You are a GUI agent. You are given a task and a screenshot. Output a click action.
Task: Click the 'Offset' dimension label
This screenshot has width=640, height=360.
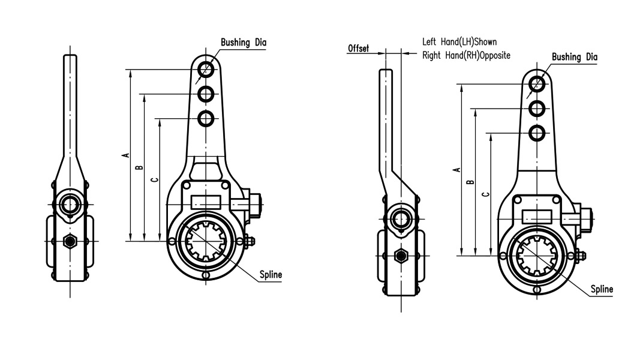point(358,48)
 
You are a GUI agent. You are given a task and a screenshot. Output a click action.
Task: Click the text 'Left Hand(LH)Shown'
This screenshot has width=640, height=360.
point(459,41)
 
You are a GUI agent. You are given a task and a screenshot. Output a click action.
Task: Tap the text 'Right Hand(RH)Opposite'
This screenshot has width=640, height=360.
point(466,55)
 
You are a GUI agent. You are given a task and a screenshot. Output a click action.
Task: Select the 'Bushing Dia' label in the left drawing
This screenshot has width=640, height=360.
point(244,43)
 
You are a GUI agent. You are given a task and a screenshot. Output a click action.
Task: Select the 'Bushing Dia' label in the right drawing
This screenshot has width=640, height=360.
point(574,57)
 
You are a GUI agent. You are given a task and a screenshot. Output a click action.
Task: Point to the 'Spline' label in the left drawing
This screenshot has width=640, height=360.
point(271,275)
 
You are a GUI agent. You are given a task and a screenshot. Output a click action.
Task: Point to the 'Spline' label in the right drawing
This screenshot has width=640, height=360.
point(602,289)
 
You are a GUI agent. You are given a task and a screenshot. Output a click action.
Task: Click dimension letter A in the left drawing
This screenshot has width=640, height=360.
point(127,155)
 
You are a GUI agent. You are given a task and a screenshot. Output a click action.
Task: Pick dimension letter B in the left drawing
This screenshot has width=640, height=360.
point(140,167)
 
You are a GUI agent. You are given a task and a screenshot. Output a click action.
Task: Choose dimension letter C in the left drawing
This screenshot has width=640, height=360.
point(155,179)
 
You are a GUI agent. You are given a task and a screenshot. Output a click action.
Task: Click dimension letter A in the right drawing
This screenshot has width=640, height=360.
point(458,170)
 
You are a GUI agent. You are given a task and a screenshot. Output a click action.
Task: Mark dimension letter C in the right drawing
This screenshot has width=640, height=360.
point(486,194)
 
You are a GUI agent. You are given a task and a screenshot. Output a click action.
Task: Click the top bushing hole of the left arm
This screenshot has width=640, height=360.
point(206,70)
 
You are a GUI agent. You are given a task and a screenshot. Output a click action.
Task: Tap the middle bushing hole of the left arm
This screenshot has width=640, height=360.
point(206,94)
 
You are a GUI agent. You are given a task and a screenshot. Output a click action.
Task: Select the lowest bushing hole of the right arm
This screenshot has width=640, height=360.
point(537,133)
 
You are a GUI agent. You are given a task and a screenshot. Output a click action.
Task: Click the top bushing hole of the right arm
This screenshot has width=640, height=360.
point(537,84)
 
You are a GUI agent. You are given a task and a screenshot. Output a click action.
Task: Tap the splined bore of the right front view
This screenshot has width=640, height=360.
point(537,256)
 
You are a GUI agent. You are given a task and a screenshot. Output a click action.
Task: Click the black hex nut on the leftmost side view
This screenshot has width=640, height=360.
point(70,241)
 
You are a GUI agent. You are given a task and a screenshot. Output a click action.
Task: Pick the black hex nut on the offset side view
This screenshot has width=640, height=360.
point(401,256)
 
